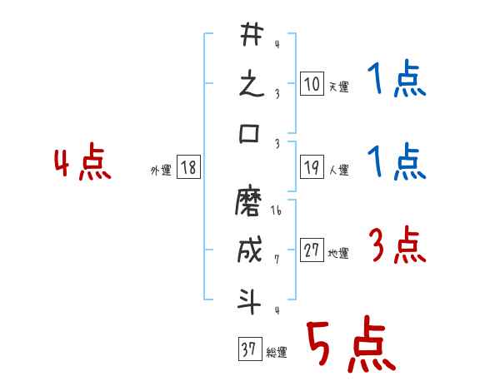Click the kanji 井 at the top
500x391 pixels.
251,37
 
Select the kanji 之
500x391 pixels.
251,86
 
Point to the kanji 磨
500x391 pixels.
251,202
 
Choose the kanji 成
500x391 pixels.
251,251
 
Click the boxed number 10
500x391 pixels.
312,85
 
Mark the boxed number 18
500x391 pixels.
188,169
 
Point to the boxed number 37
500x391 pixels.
249,350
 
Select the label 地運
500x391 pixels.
338,254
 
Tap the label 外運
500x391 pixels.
160,171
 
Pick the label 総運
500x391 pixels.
276,352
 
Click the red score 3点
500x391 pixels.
395,245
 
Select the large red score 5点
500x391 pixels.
349,346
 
